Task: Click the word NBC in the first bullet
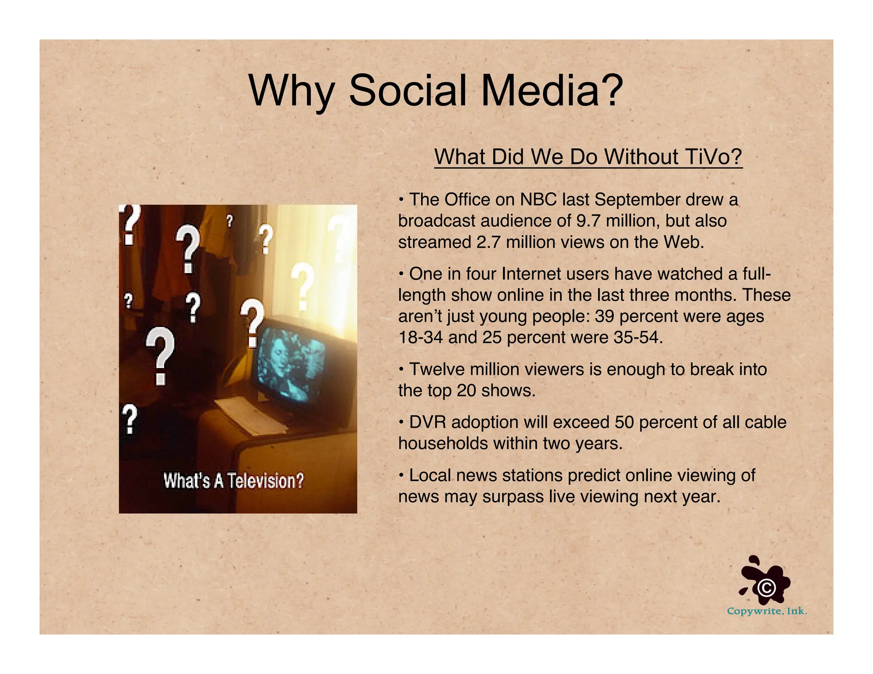coord(538,199)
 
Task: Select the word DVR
coord(428,422)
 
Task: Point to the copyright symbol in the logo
coord(766,588)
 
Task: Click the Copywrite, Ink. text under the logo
coord(766,611)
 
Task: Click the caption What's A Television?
coord(234,481)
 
